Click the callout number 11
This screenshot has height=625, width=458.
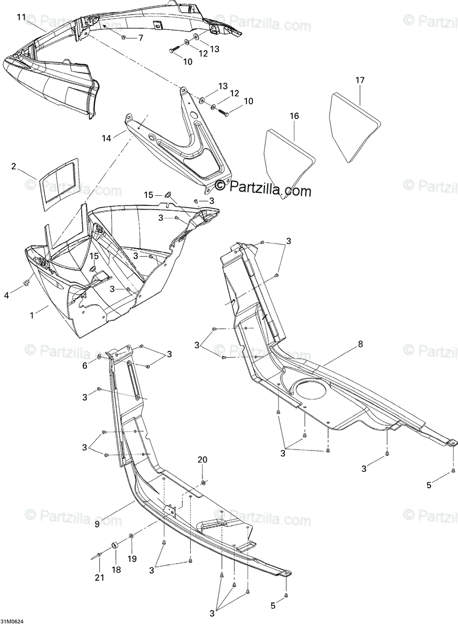click(x=21, y=18)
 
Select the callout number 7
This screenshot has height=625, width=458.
click(x=141, y=38)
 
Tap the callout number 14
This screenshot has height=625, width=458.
click(x=106, y=138)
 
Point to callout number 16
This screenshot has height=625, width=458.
click(x=294, y=116)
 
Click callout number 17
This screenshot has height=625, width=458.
click(x=360, y=80)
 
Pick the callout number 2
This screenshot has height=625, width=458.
click(x=13, y=166)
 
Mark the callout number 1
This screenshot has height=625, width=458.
click(x=32, y=315)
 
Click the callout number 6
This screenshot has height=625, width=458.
click(x=84, y=366)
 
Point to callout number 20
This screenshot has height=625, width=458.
click(x=203, y=460)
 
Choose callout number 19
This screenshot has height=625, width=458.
click(x=131, y=559)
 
